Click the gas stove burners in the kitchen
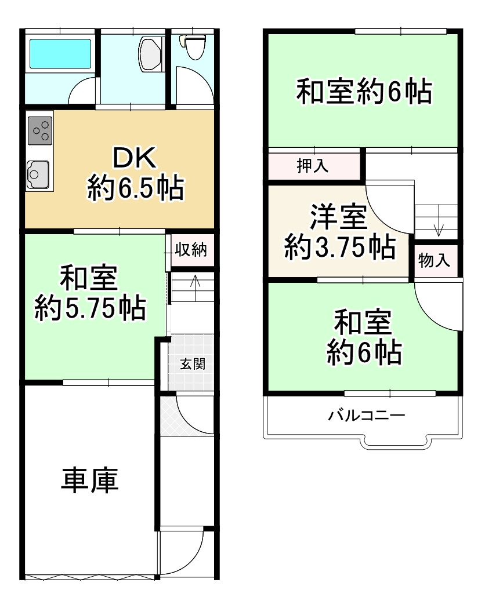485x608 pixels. (40, 131)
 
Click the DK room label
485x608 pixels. (135, 158)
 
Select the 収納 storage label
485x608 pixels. (191, 250)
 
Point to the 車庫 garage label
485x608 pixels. (90, 480)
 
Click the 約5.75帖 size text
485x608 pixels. (90, 308)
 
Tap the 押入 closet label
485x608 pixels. (313, 166)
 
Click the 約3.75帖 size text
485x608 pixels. (339, 249)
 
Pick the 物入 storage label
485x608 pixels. (434, 261)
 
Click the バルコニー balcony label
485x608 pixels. (365, 416)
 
